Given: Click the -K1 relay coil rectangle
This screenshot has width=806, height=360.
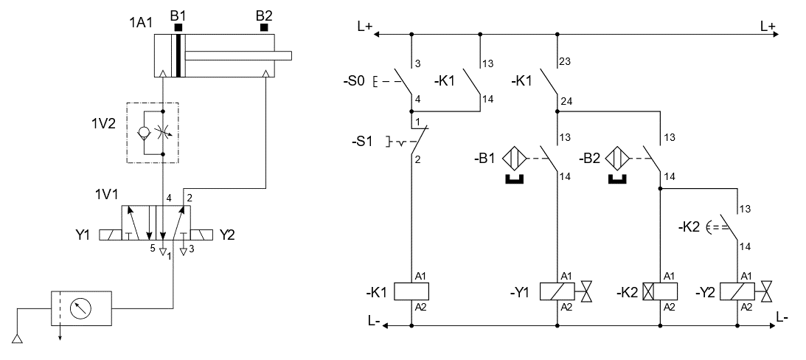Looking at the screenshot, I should coord(410,291).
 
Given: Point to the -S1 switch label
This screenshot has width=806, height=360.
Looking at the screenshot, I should coord(362,141).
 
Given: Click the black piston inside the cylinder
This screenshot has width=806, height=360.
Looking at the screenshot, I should coord(178,55).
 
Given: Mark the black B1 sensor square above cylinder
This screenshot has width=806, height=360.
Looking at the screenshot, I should coord(178,28).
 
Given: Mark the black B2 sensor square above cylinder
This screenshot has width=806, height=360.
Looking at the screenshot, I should coord(263,28).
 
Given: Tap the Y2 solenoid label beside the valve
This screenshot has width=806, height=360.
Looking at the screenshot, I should coord(227,235).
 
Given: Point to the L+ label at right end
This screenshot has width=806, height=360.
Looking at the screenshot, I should coord(768,26).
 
